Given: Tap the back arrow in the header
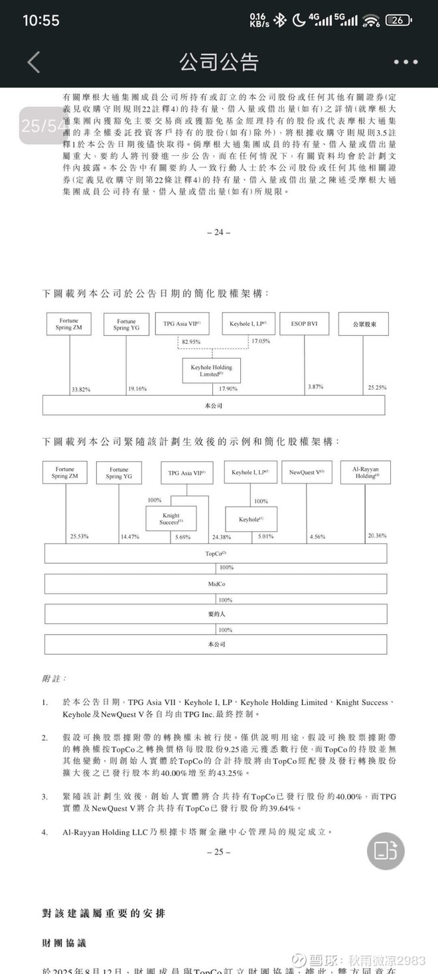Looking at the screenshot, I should click(x=34, y=62).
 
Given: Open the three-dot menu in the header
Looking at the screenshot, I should click(x=405, y=62).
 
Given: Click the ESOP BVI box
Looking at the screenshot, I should click(x=305, y=324).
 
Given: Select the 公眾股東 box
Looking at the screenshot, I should click(x=363, y=324).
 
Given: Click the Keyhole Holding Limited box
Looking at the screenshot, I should click(x=212, y=370).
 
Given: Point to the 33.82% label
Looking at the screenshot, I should click(x=81, y=389).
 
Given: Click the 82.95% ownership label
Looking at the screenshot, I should click(x=191, y=341).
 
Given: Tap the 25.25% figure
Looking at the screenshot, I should click(x=376, y=387).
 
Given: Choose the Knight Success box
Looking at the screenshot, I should click(x=171, y=519).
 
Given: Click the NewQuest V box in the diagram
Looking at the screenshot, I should click(x=307, y=473).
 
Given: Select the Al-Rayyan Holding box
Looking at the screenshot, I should click(x=366, y=472).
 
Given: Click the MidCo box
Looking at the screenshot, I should click(x=216, y=584).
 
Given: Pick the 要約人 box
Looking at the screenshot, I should click(x=216, y=614).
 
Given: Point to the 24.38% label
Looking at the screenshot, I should click(x=221, y=536).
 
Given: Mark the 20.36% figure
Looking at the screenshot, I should click(x=377, y=535).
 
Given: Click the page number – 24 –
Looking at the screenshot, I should click(x=219, y=232).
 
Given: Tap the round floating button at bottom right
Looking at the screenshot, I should click(x=386, y=851).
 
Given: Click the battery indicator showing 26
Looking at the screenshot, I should click(x=398, y=20).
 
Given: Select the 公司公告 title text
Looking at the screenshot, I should click(x=218, y=62).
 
